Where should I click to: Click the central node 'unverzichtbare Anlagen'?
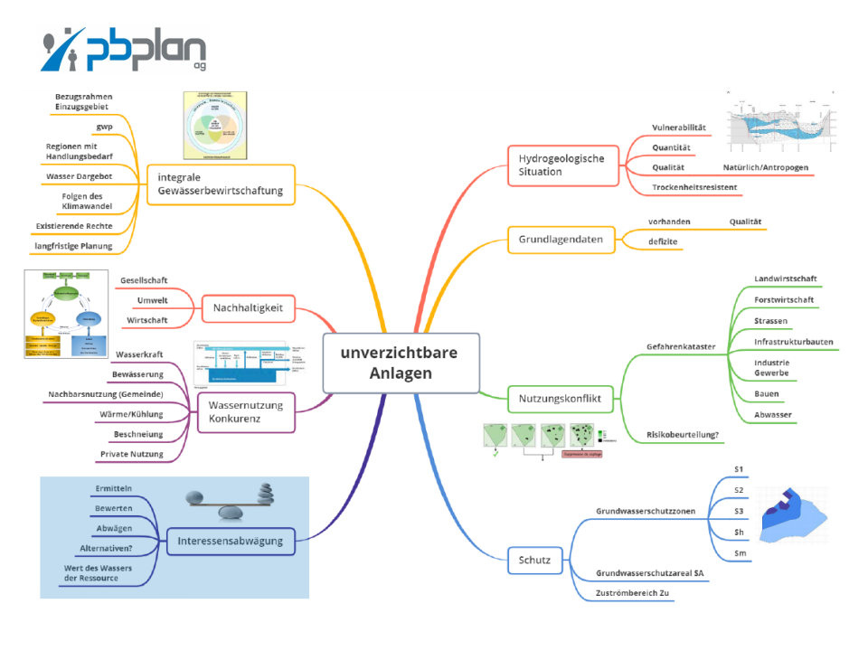tap(401, 363)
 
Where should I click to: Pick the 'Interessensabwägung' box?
tap(231, 542)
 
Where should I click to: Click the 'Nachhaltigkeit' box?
tap(248, 308)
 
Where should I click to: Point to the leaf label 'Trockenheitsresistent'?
tap(694, 187)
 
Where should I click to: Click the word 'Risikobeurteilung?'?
tap(683, 435)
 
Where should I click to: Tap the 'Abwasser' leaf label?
tap(774, 414)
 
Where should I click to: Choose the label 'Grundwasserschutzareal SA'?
tap(649, 574)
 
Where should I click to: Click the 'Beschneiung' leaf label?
tap(138, 434)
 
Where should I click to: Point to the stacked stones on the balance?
tap(265, 495)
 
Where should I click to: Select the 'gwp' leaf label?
tap(104, 127)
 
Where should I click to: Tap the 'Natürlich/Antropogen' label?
tap(765, 167)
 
